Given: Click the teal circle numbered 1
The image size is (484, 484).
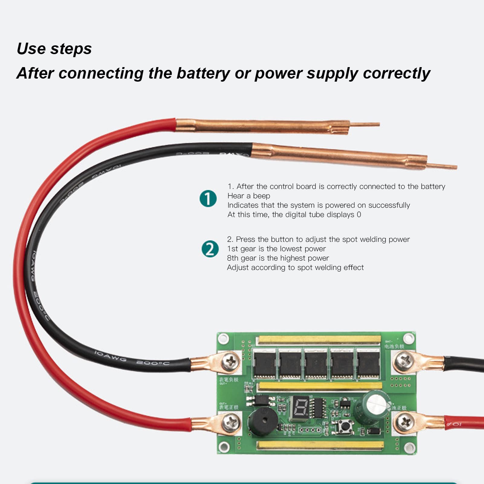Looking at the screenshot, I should (x=208, y=199).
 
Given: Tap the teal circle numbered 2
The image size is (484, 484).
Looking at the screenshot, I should (x=210, y=249).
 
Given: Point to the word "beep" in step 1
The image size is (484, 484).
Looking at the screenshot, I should (x=261, y=196).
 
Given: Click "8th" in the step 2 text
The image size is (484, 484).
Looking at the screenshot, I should (x=232, y=258).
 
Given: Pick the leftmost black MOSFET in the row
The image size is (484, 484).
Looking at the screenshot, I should (x=265, y=364).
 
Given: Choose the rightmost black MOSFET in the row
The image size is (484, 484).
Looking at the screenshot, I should (x=368, y=364).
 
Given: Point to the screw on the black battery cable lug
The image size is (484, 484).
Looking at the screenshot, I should (x=404, y=361).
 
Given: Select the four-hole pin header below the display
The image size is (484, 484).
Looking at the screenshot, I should (x=310, y=430).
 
